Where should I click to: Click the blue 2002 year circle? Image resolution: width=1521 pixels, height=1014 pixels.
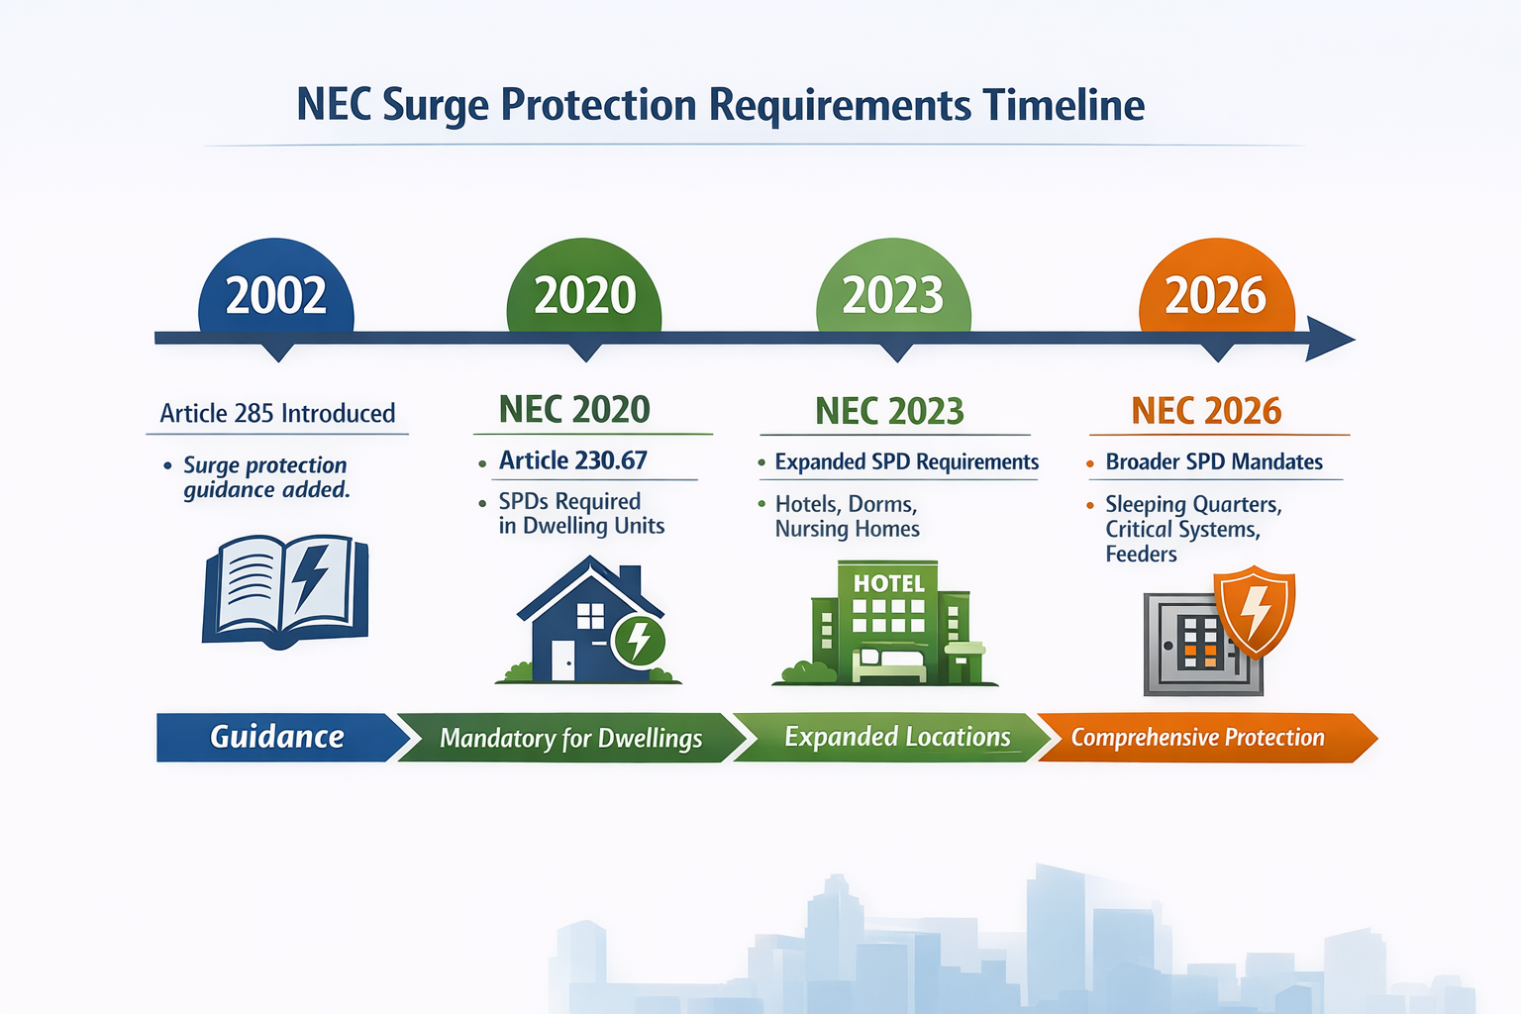[276, 293]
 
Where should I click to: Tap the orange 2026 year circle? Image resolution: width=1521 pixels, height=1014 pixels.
[1216, 293]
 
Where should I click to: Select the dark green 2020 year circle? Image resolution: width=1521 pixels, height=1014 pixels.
[584, 293]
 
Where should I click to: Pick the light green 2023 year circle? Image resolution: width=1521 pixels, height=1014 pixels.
[893, 293]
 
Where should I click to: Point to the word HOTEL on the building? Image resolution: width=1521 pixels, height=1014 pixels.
[888, 583]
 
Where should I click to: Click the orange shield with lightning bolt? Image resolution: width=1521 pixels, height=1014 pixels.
[1255, 610]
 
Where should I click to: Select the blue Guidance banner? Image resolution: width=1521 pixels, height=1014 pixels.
[277, 738]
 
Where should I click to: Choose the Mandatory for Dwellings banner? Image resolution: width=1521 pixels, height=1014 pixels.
[570, 739]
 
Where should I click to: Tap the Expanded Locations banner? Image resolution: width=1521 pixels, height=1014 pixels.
[896, 738]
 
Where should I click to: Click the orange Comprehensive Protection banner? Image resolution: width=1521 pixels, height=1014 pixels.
[1197, 738]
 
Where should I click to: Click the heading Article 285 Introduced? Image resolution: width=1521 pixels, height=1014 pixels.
[277, 413]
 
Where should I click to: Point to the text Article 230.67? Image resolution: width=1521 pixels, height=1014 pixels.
[572, 460]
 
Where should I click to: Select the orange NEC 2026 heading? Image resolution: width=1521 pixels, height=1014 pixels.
[1206, 411]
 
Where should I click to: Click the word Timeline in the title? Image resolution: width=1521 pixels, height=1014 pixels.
[1063, 105]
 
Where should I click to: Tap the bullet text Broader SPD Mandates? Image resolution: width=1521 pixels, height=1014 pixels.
[1214, 461]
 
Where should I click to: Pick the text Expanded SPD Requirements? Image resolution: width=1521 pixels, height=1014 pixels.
[906, 462]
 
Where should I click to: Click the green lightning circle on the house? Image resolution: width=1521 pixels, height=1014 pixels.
[640, 641]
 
